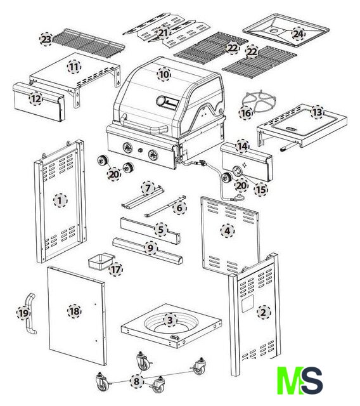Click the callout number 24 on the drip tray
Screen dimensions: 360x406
(298, 34)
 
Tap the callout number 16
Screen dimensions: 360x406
(245, 113)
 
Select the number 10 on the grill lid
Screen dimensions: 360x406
(164, 75)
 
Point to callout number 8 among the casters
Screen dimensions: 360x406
(136, 381)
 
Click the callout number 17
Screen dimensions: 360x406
(115, 270)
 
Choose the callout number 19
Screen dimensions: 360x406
(23, 313)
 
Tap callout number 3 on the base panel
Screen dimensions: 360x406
(170, 320)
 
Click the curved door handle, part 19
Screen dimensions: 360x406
(30, 313)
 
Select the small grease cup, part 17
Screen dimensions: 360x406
(101, 261)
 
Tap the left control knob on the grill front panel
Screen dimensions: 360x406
(128, 148)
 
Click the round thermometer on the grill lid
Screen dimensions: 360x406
(161, 101)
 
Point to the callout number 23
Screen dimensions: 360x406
(46, 39)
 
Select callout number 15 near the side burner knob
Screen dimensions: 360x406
(260, 190)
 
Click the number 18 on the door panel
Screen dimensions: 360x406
(75, 311)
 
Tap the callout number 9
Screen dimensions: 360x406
(150, 248)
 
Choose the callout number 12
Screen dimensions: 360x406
(36, 99)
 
